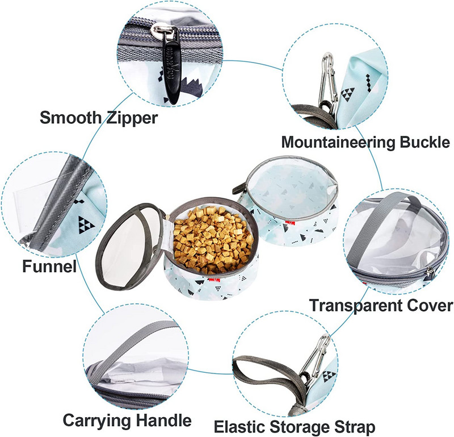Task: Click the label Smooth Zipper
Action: coord(99,118)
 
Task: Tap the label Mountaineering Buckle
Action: coord(365,142)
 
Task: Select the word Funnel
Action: coord(49,266)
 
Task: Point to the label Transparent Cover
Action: coord(381,305)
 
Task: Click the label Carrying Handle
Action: coord(127,420)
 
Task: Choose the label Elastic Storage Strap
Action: coord(295,427)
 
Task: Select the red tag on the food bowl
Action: coord(215,280)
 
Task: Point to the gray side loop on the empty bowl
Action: coord(240,189)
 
